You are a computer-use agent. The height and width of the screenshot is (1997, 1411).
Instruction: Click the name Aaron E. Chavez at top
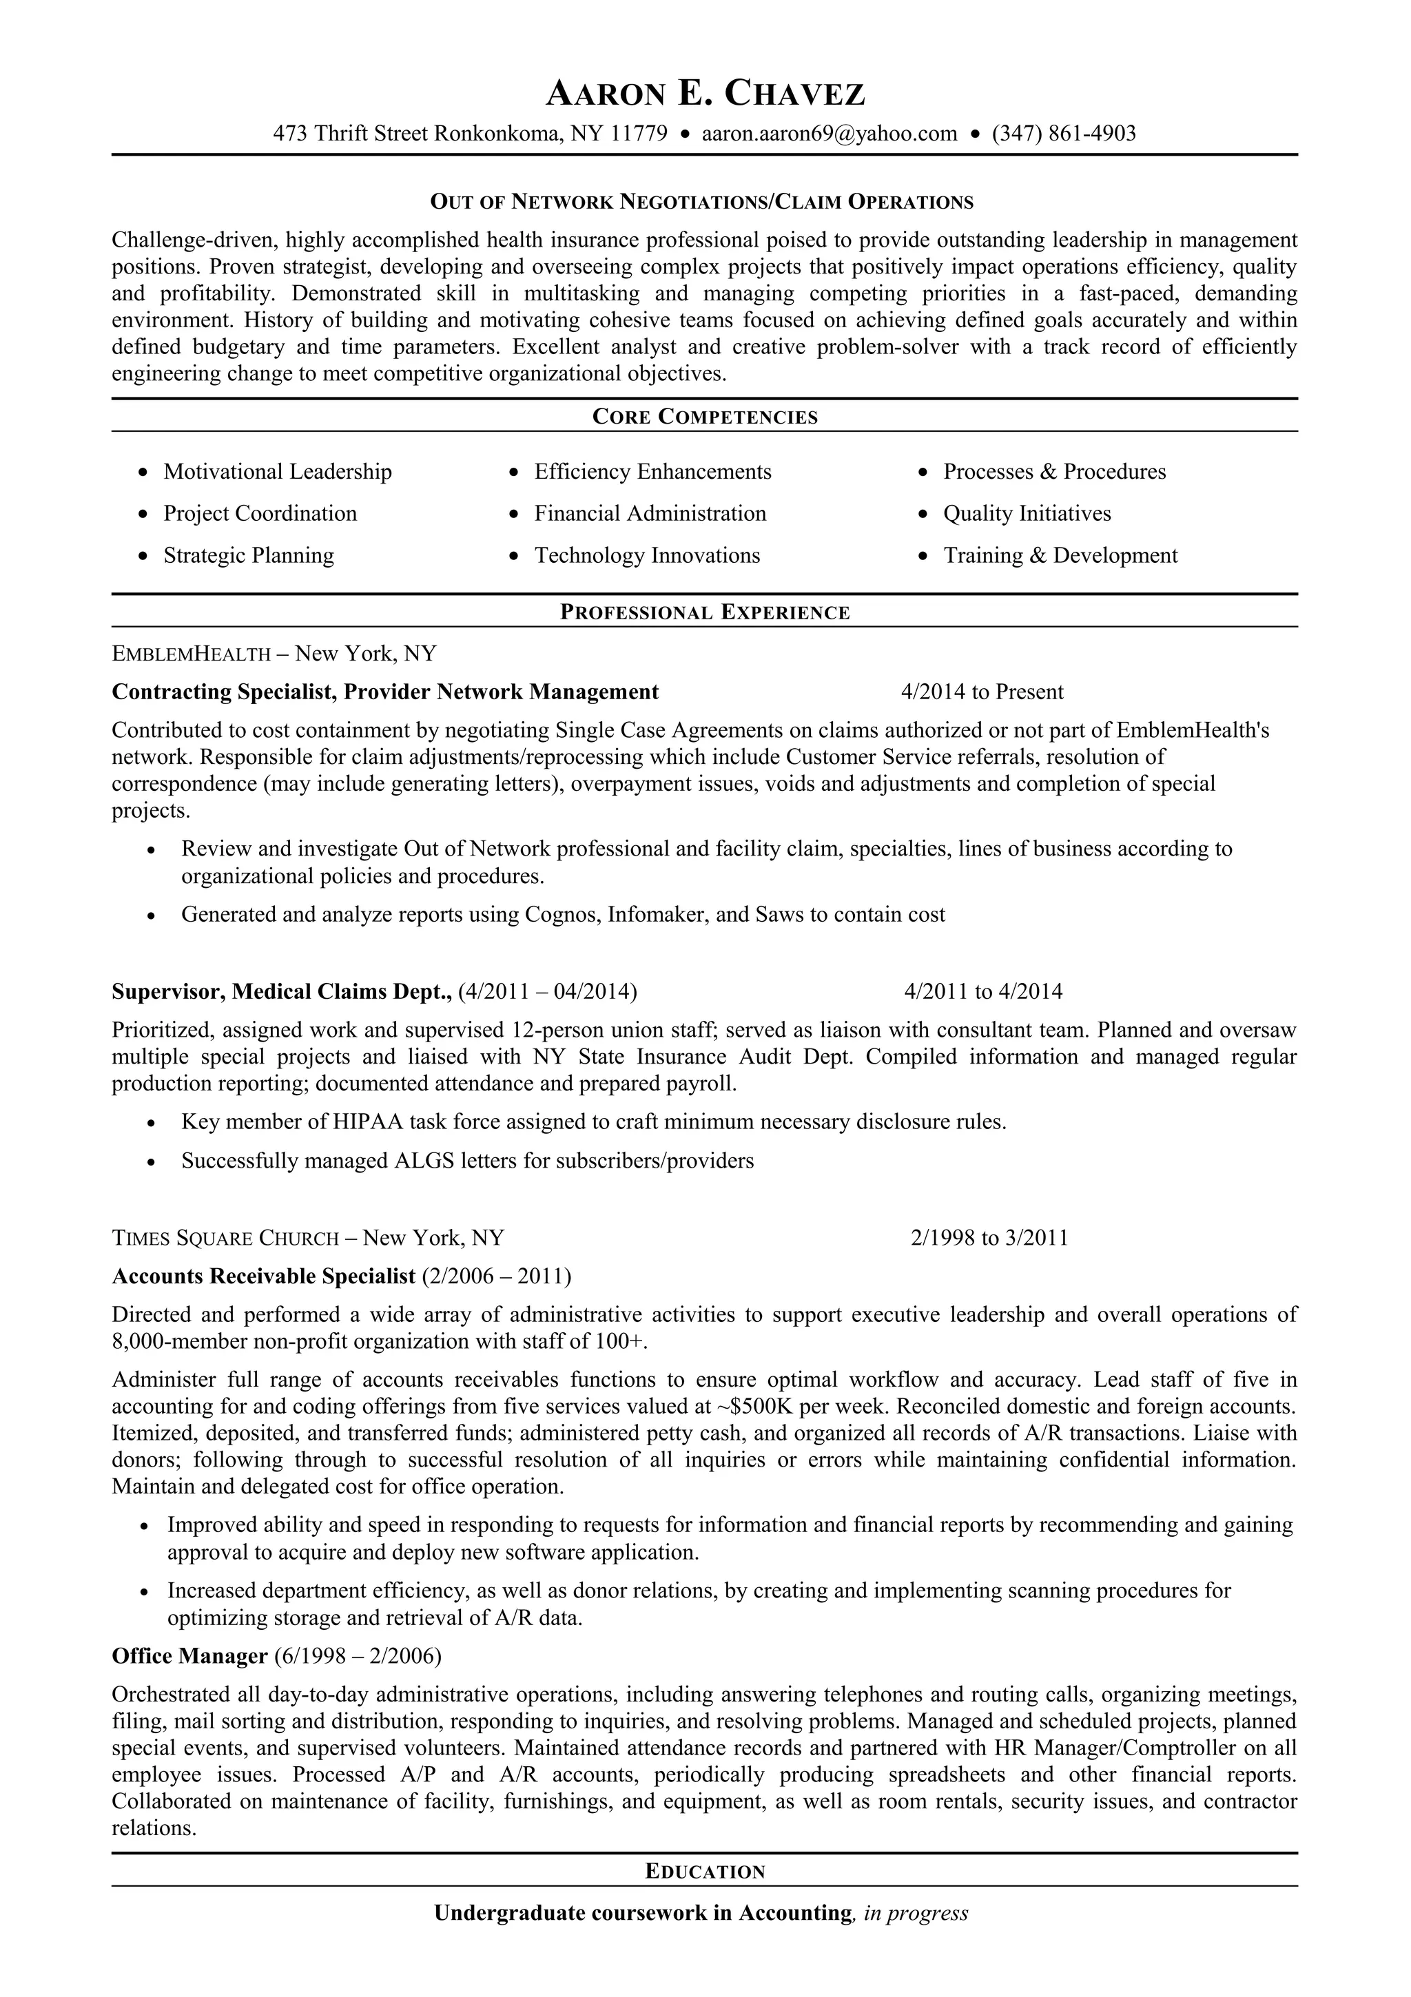(x=705, y=93)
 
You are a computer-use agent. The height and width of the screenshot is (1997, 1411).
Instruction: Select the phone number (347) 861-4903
(x=1063, y=133)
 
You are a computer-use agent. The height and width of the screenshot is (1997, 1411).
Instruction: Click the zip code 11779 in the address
(x=639, y=133)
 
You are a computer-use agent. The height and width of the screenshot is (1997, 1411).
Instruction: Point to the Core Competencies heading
(x=705, y=417)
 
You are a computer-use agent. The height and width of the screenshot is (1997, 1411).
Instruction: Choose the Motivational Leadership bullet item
(x=278, y=471)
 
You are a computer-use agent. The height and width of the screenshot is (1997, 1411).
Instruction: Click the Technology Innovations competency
(x=646, y=555)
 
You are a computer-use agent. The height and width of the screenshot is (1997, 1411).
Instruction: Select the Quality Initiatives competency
(x=1027, y=513)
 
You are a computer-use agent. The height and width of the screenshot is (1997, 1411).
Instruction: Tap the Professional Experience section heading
(x=705, y=612)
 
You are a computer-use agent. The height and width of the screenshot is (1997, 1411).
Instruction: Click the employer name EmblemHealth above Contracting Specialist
(x=192, y=653)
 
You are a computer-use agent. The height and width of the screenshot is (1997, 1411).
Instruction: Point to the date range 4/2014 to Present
(x=982, y=692)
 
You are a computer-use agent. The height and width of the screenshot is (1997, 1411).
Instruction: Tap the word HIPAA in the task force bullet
(x=368, y=1122)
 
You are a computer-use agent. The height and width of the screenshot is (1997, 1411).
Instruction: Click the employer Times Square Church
(x=225, y=1238)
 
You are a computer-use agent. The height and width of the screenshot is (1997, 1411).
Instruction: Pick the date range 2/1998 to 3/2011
(x=989, y=1238)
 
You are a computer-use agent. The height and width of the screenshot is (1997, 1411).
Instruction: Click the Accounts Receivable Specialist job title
(x=264, y=1276)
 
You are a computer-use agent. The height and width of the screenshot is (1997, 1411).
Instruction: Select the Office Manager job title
(x=189, y=1656)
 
